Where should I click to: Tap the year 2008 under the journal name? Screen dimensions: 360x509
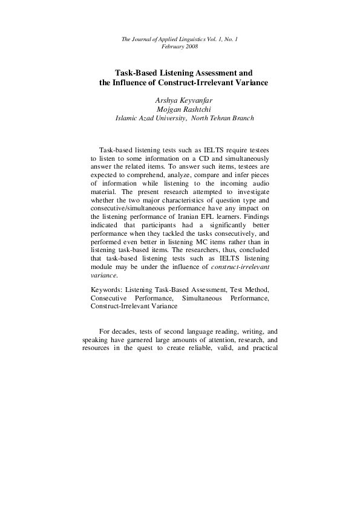point(188,47)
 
